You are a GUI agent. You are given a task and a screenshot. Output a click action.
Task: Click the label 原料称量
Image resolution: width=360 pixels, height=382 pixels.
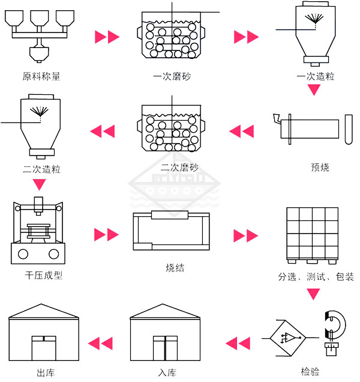(x=41, y=76)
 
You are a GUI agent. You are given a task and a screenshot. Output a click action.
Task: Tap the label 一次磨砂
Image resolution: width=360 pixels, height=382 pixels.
(x=172, y=76)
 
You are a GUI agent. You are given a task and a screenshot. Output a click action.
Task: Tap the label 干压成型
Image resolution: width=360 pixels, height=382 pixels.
(x=44, y=276)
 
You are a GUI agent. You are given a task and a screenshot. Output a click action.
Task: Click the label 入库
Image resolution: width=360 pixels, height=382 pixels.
(x=167, y=372)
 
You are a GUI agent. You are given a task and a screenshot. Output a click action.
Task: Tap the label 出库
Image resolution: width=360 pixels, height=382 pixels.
(x=46, y=372)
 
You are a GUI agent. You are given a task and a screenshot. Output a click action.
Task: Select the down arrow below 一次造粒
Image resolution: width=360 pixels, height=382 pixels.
(x=314, y=90)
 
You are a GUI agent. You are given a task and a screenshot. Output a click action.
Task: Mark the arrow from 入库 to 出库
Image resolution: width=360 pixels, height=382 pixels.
(x=100, y=344)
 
